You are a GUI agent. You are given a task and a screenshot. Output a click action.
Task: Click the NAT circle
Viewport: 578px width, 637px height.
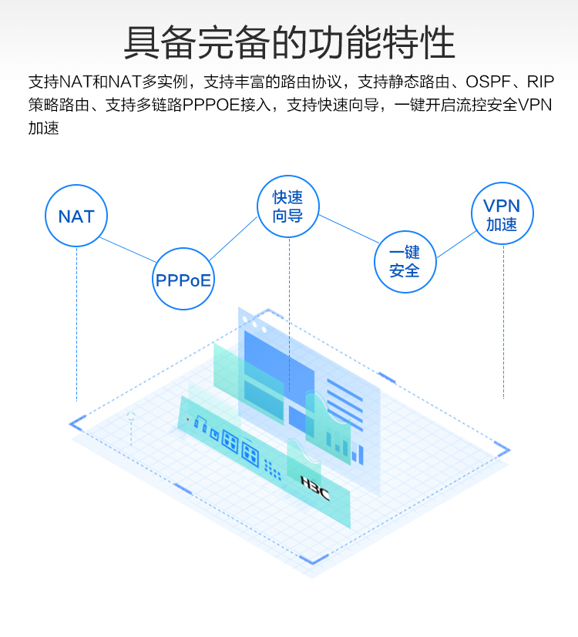coord(76,216)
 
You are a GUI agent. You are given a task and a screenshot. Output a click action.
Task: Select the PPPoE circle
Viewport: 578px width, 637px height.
coord(183,279)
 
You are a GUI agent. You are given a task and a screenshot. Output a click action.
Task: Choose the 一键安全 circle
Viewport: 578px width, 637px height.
coord(405,262)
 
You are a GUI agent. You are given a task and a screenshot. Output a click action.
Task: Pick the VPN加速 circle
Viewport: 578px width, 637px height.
coord(502,214)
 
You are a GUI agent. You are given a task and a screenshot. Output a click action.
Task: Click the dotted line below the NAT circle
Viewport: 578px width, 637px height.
coord(76,324)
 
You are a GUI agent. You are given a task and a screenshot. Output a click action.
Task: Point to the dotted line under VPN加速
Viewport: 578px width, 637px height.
coord(503,324)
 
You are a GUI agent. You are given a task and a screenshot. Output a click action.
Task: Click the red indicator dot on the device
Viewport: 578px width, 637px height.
coord(187,420)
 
